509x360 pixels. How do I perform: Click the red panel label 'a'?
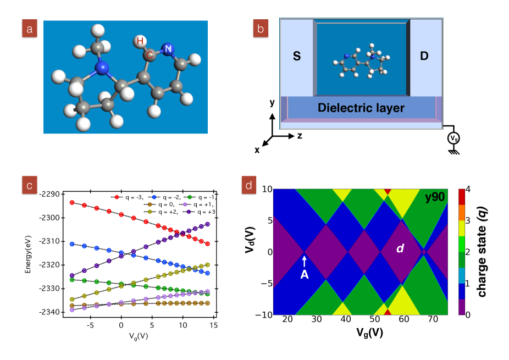(x=30, y=29)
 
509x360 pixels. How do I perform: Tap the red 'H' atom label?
(x=140, y=41)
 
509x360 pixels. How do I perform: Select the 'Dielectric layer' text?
(x=361, y=108)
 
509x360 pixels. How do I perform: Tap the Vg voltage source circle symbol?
(x=454, y=137)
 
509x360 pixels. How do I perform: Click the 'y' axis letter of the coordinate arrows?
(x=272, y=103)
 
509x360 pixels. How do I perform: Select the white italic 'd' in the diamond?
(x=400, y=248)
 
